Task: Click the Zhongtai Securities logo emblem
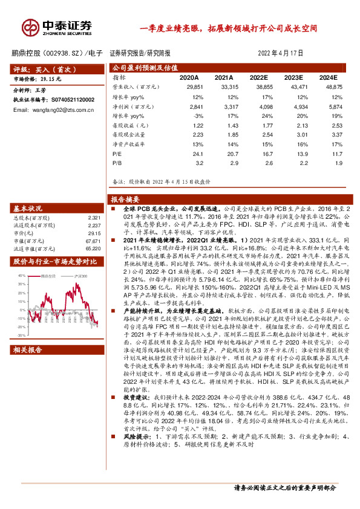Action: pos(30,26)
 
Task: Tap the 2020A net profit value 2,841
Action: pos(190,106)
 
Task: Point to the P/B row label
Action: pos(117,163)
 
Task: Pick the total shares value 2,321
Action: pos(93,217)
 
